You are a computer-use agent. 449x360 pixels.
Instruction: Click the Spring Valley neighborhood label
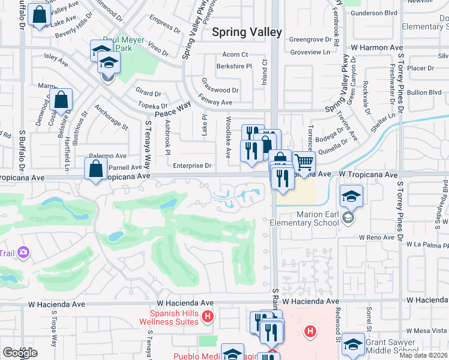pyautogui.click(x=247, y=32)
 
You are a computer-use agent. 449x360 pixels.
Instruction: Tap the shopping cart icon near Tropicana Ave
pyautogui.click(x=305, y=163)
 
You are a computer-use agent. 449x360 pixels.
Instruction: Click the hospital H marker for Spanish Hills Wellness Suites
pyautogui.click(x=208, y=316)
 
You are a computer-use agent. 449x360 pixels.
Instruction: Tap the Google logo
pyautogui.click(x=19, y=353)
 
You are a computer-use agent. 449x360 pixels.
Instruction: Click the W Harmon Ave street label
pyautogui.click(x=376, y=47)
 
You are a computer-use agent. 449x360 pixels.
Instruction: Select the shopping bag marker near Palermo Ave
pyautogui.click(x=96, y=170)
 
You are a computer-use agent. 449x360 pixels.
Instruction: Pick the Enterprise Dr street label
pyautogui.click(x=192, y=166)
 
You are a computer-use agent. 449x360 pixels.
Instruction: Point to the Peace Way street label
pyautogui.click(x=173, y=109)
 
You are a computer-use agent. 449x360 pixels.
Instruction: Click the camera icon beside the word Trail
pyautogui.click(x=24, y=252)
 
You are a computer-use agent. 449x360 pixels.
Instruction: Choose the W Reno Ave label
pyautogui.click(x=376, y=238)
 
